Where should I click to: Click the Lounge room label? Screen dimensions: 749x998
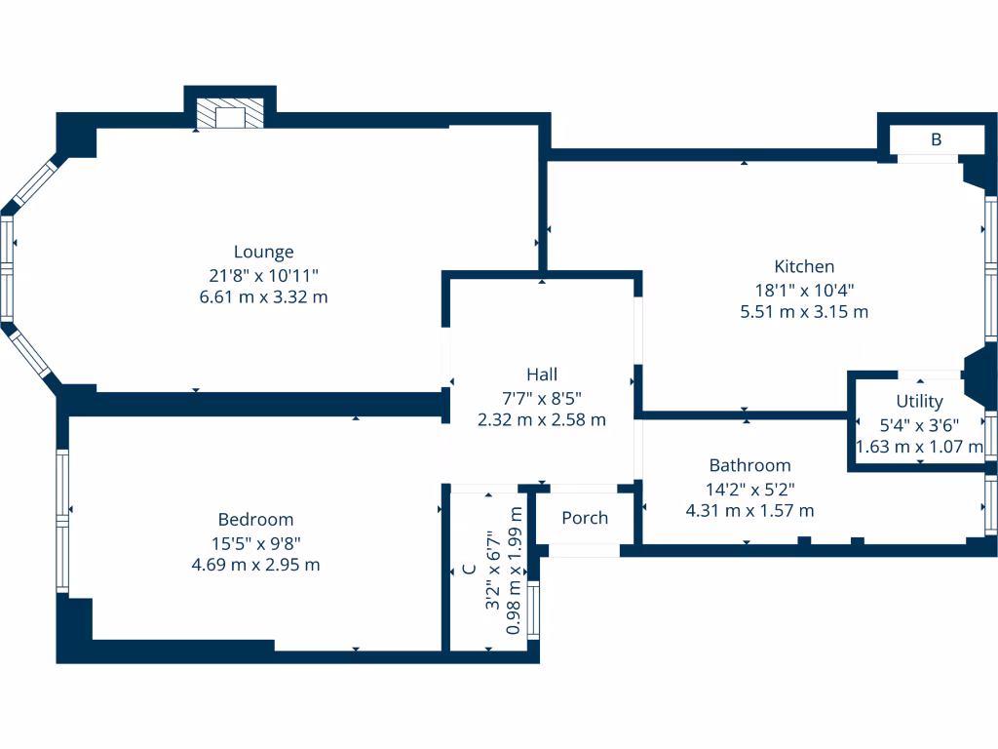pos(263,252)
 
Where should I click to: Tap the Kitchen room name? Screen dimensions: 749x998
pos(804,266)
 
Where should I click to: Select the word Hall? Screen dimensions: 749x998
pos(542,374)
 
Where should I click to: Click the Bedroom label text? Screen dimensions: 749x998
pos(255,520)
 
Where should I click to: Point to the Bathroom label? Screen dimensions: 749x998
pos(749,465)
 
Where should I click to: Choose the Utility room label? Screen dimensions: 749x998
pos(919,401)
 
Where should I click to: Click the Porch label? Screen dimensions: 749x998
pos(585,518)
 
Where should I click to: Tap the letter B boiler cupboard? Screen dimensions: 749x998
pos(936,139)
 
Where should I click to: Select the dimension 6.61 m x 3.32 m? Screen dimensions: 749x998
pos(263,296)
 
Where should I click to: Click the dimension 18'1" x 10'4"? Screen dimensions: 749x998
pos(804,290)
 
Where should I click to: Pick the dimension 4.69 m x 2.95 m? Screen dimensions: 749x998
pos(255,564)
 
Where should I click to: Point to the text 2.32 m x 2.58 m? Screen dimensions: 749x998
pos(542,419)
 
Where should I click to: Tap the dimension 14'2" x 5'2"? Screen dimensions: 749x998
pos(749,488)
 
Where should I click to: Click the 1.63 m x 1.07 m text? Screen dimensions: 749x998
pos(919,447)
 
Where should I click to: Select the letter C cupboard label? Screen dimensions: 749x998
pos(469,570)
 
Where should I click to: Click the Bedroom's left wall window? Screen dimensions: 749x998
pos(63,520)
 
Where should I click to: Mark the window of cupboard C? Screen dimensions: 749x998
pos(533,610)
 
